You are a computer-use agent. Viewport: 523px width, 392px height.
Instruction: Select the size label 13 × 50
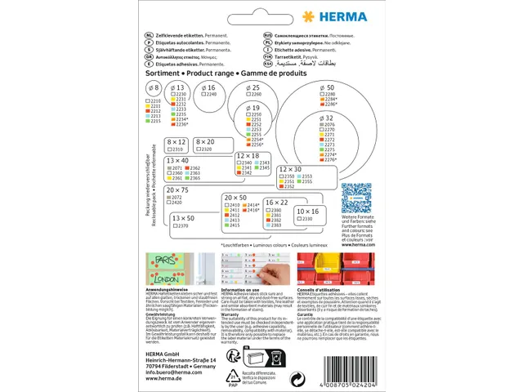point(184,218)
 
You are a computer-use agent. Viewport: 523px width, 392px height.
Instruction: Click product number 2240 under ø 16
point(210,95)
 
